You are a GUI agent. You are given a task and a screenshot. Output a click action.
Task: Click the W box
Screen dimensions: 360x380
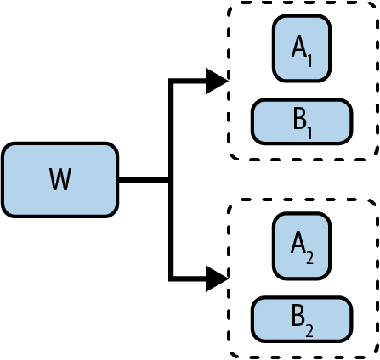pos(59,179)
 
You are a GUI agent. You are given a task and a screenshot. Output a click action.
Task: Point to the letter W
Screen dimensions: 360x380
pos(59,180)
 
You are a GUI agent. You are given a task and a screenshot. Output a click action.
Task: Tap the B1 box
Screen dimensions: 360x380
pos(302,121)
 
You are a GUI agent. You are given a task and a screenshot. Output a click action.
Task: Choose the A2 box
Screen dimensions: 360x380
pos(302,245)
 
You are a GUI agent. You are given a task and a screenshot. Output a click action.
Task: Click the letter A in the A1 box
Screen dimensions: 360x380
pos(298,48)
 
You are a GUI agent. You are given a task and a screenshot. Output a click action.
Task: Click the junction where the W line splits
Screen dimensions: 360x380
pos(172,180)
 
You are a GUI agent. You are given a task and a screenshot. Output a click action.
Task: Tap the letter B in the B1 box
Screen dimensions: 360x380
pos(298,120)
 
